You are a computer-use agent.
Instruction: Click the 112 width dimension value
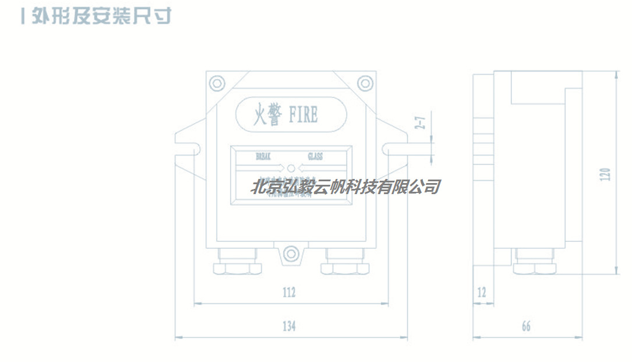point(289,293)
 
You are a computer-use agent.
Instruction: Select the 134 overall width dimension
point(289,326)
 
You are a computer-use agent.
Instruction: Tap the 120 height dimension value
point(606,174)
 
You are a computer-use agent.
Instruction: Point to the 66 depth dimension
point(525,326)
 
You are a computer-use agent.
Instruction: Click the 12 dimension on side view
point(481,293)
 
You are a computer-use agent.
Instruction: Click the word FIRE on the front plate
point(303,114)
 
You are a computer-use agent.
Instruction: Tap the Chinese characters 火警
point(267,114)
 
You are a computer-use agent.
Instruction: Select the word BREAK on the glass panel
point(264,156)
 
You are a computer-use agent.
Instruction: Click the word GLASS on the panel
point(315,156)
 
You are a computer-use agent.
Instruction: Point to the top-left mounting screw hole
point(217,83)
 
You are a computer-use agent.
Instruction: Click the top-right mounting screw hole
point(364,83)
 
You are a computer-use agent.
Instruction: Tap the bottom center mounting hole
point(291,254)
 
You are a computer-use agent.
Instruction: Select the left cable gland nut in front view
point(237,268)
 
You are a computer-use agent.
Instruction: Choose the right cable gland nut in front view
point(345,268)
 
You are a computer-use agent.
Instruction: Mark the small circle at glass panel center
point(291,168)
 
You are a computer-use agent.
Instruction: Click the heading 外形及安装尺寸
point(96,16)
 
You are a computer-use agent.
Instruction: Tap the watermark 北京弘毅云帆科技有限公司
point(345,187)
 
